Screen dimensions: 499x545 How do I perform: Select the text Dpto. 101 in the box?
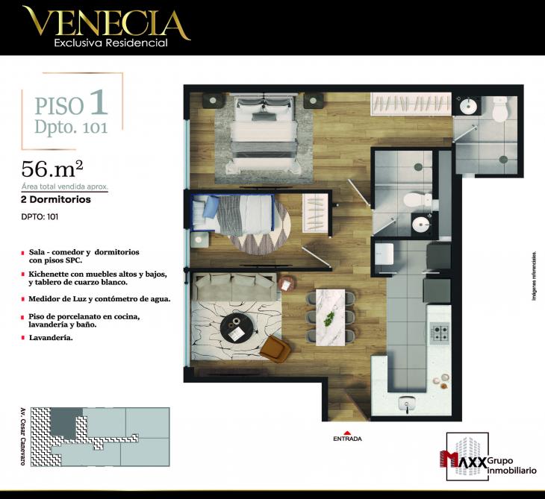(x=71, y=126)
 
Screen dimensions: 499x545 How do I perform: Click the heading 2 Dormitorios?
(x=57, y=200)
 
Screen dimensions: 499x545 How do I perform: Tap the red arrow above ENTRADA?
(x=347, y=431)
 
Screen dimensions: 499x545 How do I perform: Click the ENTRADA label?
(x=347, y=439)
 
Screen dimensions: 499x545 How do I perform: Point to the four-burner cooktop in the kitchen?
(x=439, y=333)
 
